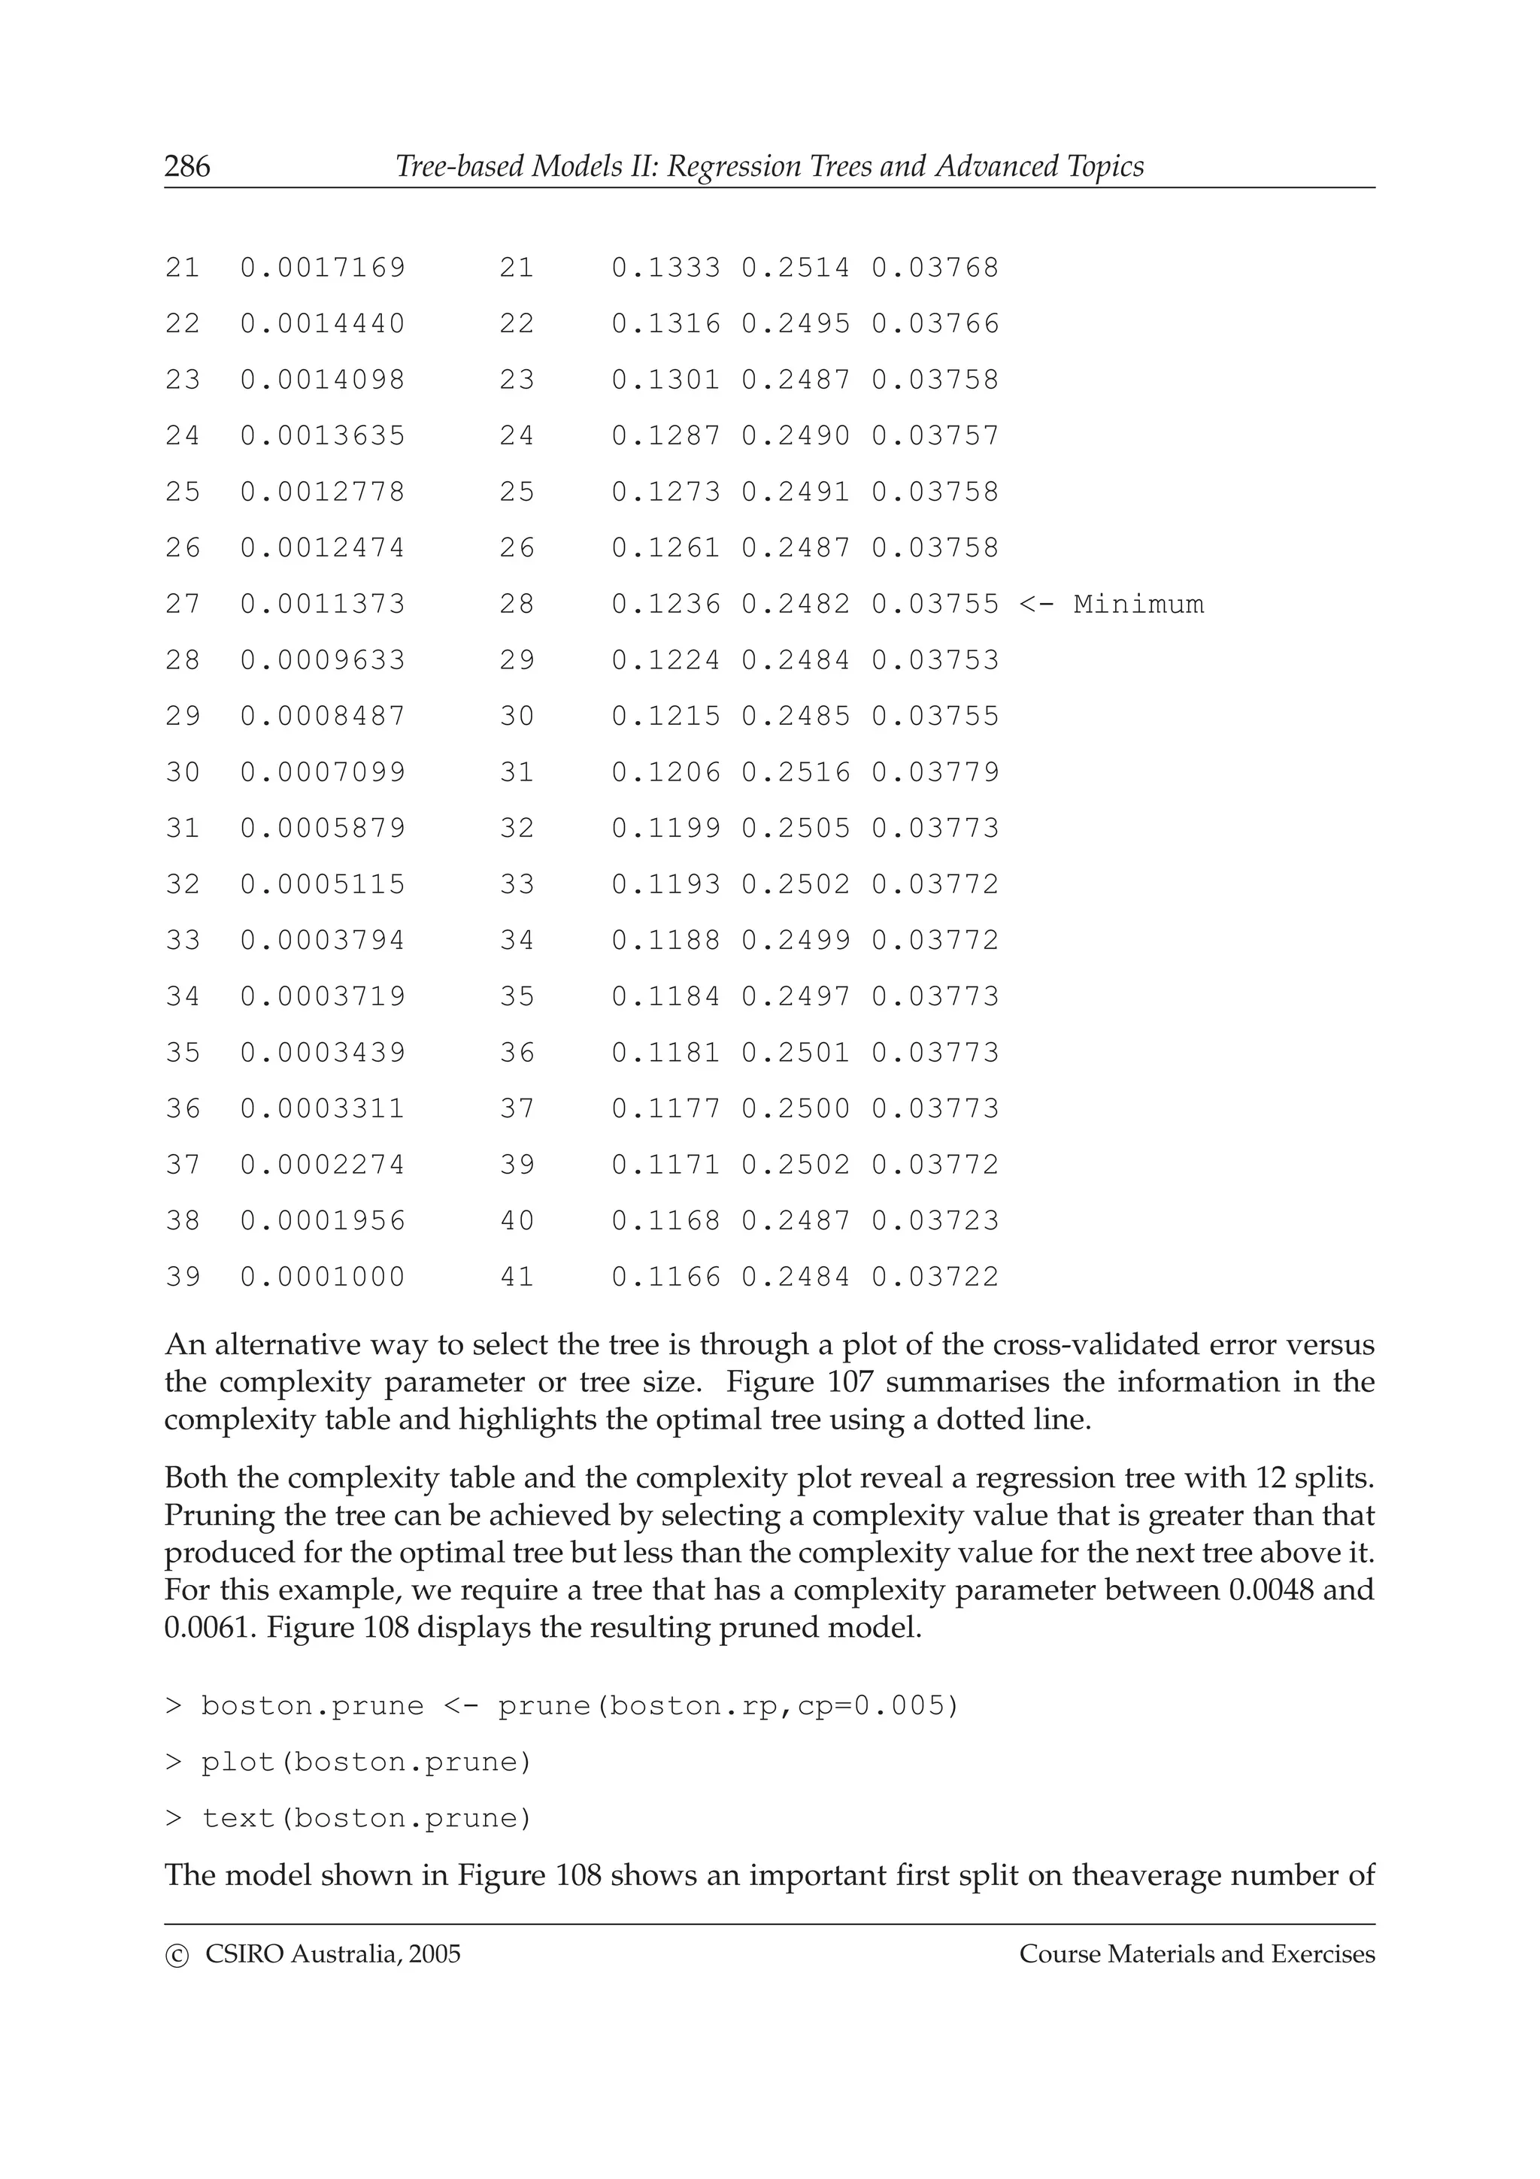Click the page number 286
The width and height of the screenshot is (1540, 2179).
click(187, 167)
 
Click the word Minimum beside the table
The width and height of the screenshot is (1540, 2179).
click(1138, 605)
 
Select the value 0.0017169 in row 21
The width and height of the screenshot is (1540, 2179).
click(323, 268)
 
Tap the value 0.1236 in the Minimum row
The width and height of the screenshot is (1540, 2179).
click(665, 605)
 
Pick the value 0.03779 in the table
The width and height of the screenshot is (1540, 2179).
click(935, 772)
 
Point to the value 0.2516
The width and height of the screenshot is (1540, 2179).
click(795, 772)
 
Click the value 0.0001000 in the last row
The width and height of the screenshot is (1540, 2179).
click(323, 1277)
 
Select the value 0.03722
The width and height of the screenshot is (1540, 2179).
click(935, 1277)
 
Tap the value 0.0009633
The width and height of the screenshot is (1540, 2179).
click(323, 660)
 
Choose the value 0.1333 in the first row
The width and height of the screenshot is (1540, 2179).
click(665, 268)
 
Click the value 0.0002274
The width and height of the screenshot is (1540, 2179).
click(323, 1165)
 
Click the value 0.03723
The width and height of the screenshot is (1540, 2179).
click(935, 1220)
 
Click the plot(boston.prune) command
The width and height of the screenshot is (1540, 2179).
click(366, 1762)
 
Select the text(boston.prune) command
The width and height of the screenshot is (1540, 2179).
click(366, 1818)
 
